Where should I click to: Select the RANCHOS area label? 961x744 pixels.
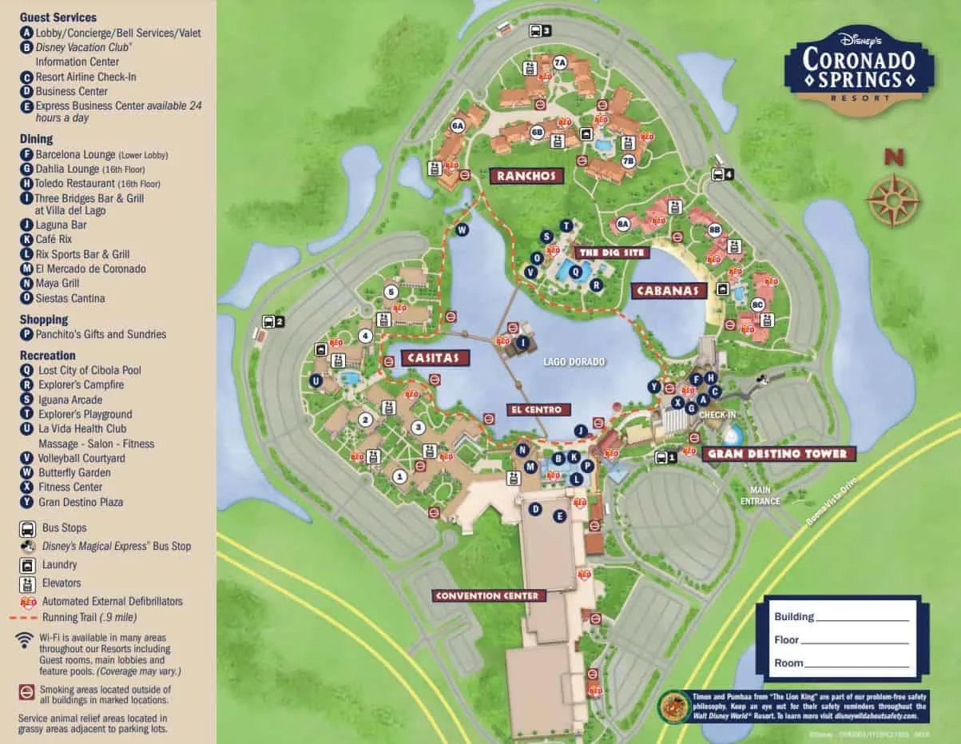point(526,176)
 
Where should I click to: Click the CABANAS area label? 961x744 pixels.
point(669,291)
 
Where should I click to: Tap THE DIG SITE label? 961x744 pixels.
point(611,253)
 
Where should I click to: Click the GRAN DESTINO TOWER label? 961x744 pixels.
point(779,454)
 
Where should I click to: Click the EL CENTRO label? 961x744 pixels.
point(538,409)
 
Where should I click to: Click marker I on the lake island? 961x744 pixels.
point(523,343)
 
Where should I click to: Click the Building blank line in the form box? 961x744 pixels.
point(862,617)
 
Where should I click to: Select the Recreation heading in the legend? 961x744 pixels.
point(47,355)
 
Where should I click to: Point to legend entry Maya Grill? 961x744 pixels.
point(58,283)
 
